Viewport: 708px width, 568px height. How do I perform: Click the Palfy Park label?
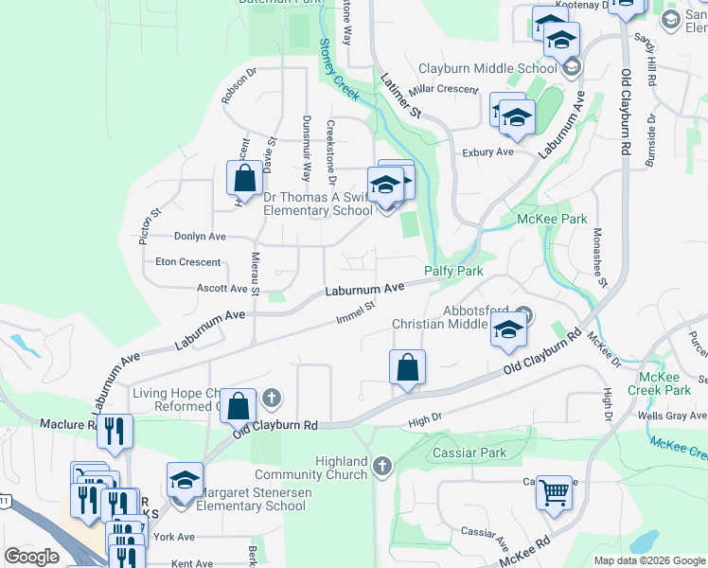coord(453,271)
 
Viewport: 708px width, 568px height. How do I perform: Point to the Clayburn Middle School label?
coord(487,68)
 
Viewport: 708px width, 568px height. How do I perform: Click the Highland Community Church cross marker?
coord(382,466)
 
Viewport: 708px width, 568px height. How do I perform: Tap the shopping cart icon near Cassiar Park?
coord(554,490)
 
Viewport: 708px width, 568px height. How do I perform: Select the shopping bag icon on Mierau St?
coord(245,177)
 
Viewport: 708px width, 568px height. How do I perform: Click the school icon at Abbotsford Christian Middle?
coord(508,328)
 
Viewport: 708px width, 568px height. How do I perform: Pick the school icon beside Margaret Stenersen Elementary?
coord(186,479)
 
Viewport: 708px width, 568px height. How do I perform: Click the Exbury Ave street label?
coord(487,151)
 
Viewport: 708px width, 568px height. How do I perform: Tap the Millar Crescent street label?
coord(445,88)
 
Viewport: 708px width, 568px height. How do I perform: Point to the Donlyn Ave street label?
coord(200,237)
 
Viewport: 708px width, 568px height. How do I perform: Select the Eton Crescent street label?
coord(188,262)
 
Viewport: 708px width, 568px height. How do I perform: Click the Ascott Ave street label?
coord(222,288)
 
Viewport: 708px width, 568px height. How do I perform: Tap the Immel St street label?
coord(356,311)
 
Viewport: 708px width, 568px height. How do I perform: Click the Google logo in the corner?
coord(31,557)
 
